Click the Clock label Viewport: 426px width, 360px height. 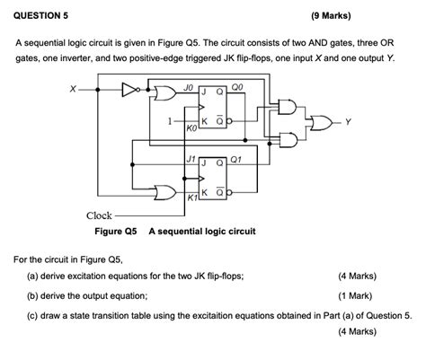click(99, 215)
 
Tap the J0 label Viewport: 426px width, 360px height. click(188, 87)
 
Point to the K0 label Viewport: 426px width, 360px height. click(190, 129)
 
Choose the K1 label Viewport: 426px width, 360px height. click(191, 198)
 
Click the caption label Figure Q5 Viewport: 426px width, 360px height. click(116, 231)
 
